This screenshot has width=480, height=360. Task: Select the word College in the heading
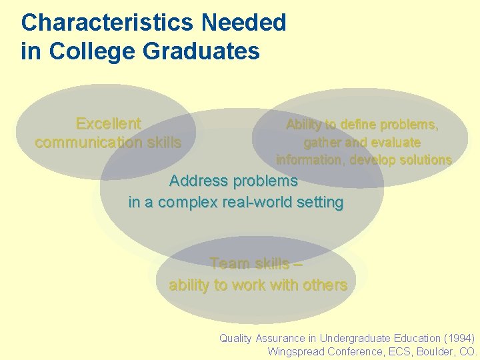87,51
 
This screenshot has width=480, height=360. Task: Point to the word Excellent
108,124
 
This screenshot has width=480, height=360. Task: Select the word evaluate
393,142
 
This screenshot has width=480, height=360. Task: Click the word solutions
420,160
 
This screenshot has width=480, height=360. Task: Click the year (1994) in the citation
460,339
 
